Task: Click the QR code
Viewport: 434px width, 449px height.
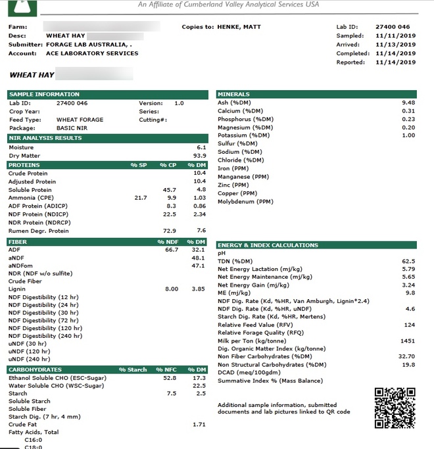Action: point(395,408)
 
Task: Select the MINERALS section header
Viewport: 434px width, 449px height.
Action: point(233,95)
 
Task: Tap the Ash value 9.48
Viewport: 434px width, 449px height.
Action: point(408,103)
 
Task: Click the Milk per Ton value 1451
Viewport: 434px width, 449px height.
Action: point(407,341)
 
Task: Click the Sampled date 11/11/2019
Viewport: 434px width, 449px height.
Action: point(395,35)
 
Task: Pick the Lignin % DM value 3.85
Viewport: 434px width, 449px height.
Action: point(199,289)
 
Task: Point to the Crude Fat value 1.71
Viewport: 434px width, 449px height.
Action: point(199,425)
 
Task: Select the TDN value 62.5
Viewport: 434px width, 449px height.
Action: point(408,261)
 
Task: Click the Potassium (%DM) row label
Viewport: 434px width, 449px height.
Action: point(241,135)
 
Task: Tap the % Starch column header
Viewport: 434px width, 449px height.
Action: point(133,370)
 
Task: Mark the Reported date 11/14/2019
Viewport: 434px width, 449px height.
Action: point(395,62)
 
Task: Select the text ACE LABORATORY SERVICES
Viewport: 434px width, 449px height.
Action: point(92,53)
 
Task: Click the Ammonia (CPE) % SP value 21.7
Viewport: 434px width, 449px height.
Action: point(140,197)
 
